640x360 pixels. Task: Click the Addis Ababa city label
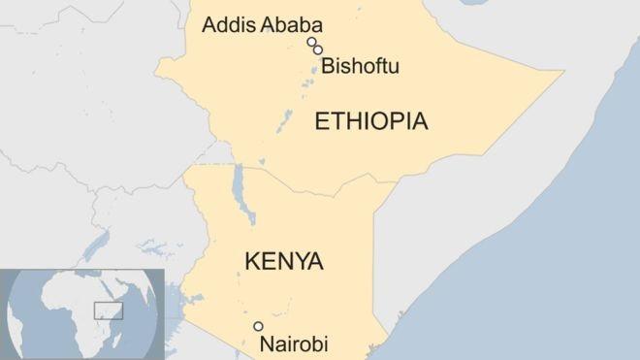pyautogui.click(x=262, y=24)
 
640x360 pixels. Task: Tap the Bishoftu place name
pyautogui.click(x=360, y=66)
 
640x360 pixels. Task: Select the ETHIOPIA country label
pyautogui.click(x=370, y=121)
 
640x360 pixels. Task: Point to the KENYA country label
pyautogui.click(x=284, y=261)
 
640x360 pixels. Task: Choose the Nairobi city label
pyautogui.click(x=294, y=344)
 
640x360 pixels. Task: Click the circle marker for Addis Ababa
pyautogui.click(x=311, y=42)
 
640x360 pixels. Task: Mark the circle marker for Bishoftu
pyautogui.click(x=318, y=50)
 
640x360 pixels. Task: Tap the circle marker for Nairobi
pyautogui.click(x=258, y=326)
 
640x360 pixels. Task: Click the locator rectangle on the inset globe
pyautogui.click(x=106, y=311)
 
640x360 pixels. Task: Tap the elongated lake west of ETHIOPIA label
pyautogui.click(x=284, y=121)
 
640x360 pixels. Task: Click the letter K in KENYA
pyautogui.click(x=251, y=261)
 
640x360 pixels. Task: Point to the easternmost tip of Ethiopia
pyautogui.click(x=562, y=72)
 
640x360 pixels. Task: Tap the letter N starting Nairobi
pyautogui.click(x=265, y=344)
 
